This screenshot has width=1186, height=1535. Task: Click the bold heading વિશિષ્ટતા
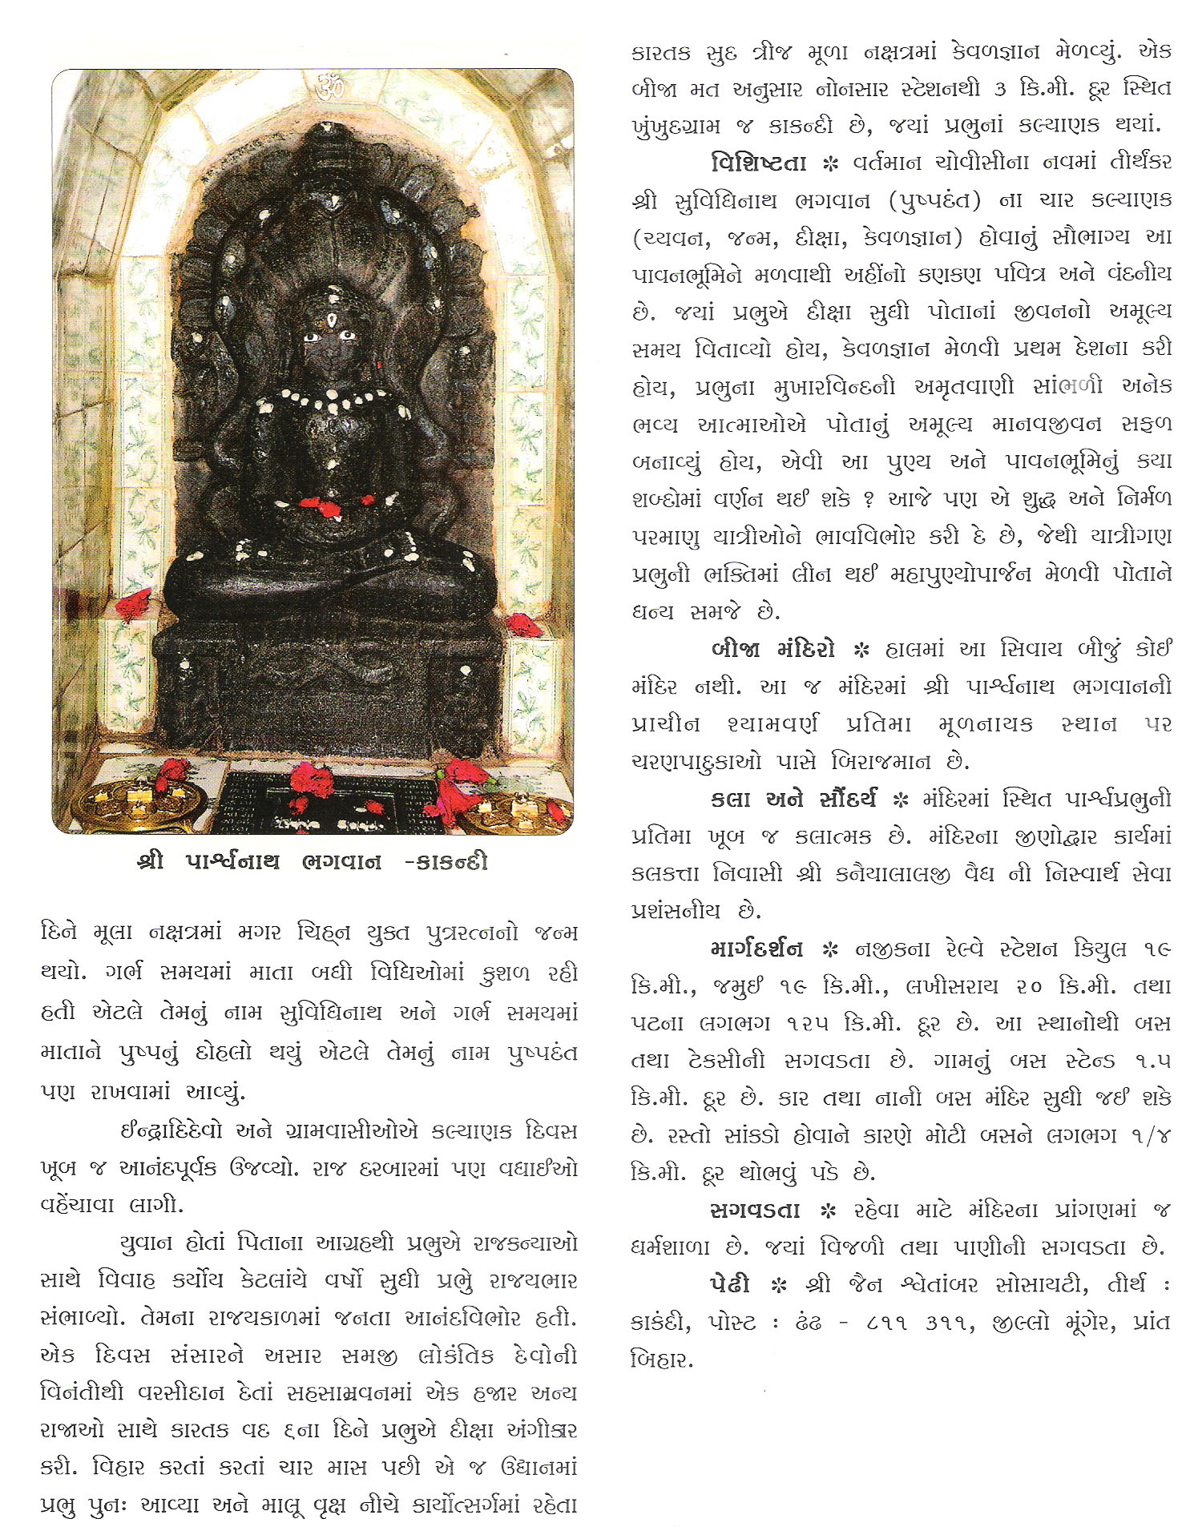point(757,163)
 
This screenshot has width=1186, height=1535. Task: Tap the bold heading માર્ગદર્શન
point(756,949)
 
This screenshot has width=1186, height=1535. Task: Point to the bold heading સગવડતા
point(754,1211)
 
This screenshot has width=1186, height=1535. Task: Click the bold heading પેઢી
point(729,1284)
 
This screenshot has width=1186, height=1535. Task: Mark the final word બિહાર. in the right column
point(662,1360)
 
